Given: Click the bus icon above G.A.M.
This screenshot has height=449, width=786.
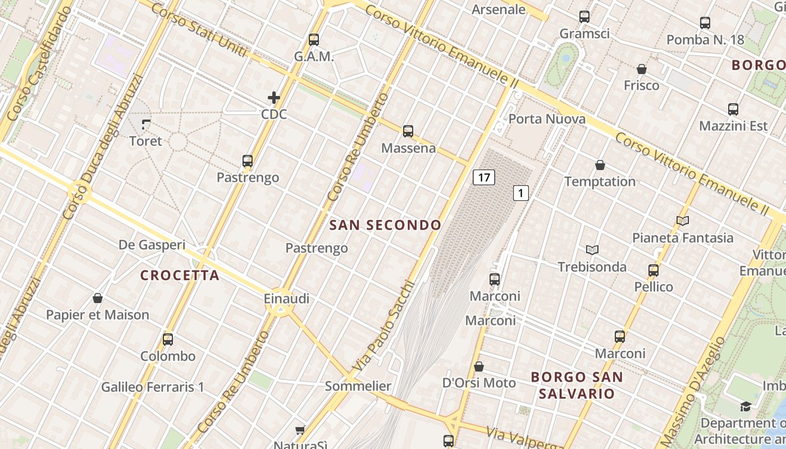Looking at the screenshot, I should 314,40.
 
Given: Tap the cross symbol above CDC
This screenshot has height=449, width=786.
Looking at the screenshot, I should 274,98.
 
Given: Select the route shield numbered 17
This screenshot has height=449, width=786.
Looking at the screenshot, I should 483,178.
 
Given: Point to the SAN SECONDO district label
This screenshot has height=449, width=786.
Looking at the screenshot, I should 385,226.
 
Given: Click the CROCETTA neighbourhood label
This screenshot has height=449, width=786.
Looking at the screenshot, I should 180,276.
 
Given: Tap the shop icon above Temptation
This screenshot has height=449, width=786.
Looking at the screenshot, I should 600,165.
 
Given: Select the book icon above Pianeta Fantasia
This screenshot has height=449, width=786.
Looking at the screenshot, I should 683,221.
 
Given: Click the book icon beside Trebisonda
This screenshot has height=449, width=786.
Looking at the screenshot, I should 592,250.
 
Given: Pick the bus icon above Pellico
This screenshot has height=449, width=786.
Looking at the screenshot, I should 654,270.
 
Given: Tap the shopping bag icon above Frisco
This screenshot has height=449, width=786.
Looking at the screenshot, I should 642,69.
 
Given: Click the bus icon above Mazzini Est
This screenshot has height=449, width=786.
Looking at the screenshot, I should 733,109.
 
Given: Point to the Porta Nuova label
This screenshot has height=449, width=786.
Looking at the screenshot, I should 547,119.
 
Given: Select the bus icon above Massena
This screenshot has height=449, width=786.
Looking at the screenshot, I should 408,131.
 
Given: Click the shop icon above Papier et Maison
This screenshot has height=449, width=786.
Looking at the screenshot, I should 98,298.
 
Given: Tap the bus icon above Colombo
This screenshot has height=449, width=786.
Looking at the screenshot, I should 168,339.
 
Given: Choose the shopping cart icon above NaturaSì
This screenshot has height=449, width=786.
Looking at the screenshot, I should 300,430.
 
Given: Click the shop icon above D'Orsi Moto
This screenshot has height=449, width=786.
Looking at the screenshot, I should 479,366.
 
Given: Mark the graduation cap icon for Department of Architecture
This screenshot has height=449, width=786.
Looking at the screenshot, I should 746,406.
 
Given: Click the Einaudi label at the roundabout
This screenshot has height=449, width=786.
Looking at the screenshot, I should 286,299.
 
